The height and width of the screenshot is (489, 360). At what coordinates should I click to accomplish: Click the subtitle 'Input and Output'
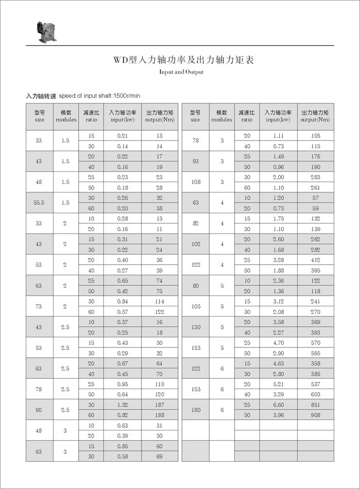(181, 72)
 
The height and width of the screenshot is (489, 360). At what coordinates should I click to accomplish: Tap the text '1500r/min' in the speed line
(126, 96)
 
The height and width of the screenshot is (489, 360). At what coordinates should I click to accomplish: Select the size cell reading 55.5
(40, 203)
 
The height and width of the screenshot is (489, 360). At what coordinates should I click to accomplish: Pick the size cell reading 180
(195, 410)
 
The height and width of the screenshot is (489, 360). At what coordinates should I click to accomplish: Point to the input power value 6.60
(278, 405)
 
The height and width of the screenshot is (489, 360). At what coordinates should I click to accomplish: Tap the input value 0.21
(122, 135)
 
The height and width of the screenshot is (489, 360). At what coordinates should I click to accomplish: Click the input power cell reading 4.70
(278, 343)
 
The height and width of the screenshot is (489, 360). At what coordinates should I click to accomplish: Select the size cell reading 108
(195, 182)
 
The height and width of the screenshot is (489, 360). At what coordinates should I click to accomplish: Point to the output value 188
(159, 415)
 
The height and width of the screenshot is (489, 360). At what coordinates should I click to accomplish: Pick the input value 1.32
(122, 405)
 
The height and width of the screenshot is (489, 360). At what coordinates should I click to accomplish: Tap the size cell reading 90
(40, 410)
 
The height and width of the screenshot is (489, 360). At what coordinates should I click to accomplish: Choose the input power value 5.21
(278, 384)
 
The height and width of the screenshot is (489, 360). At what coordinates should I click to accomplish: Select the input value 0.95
(122, 384)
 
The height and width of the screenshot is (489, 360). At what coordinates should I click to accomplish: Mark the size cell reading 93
(195, 162)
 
